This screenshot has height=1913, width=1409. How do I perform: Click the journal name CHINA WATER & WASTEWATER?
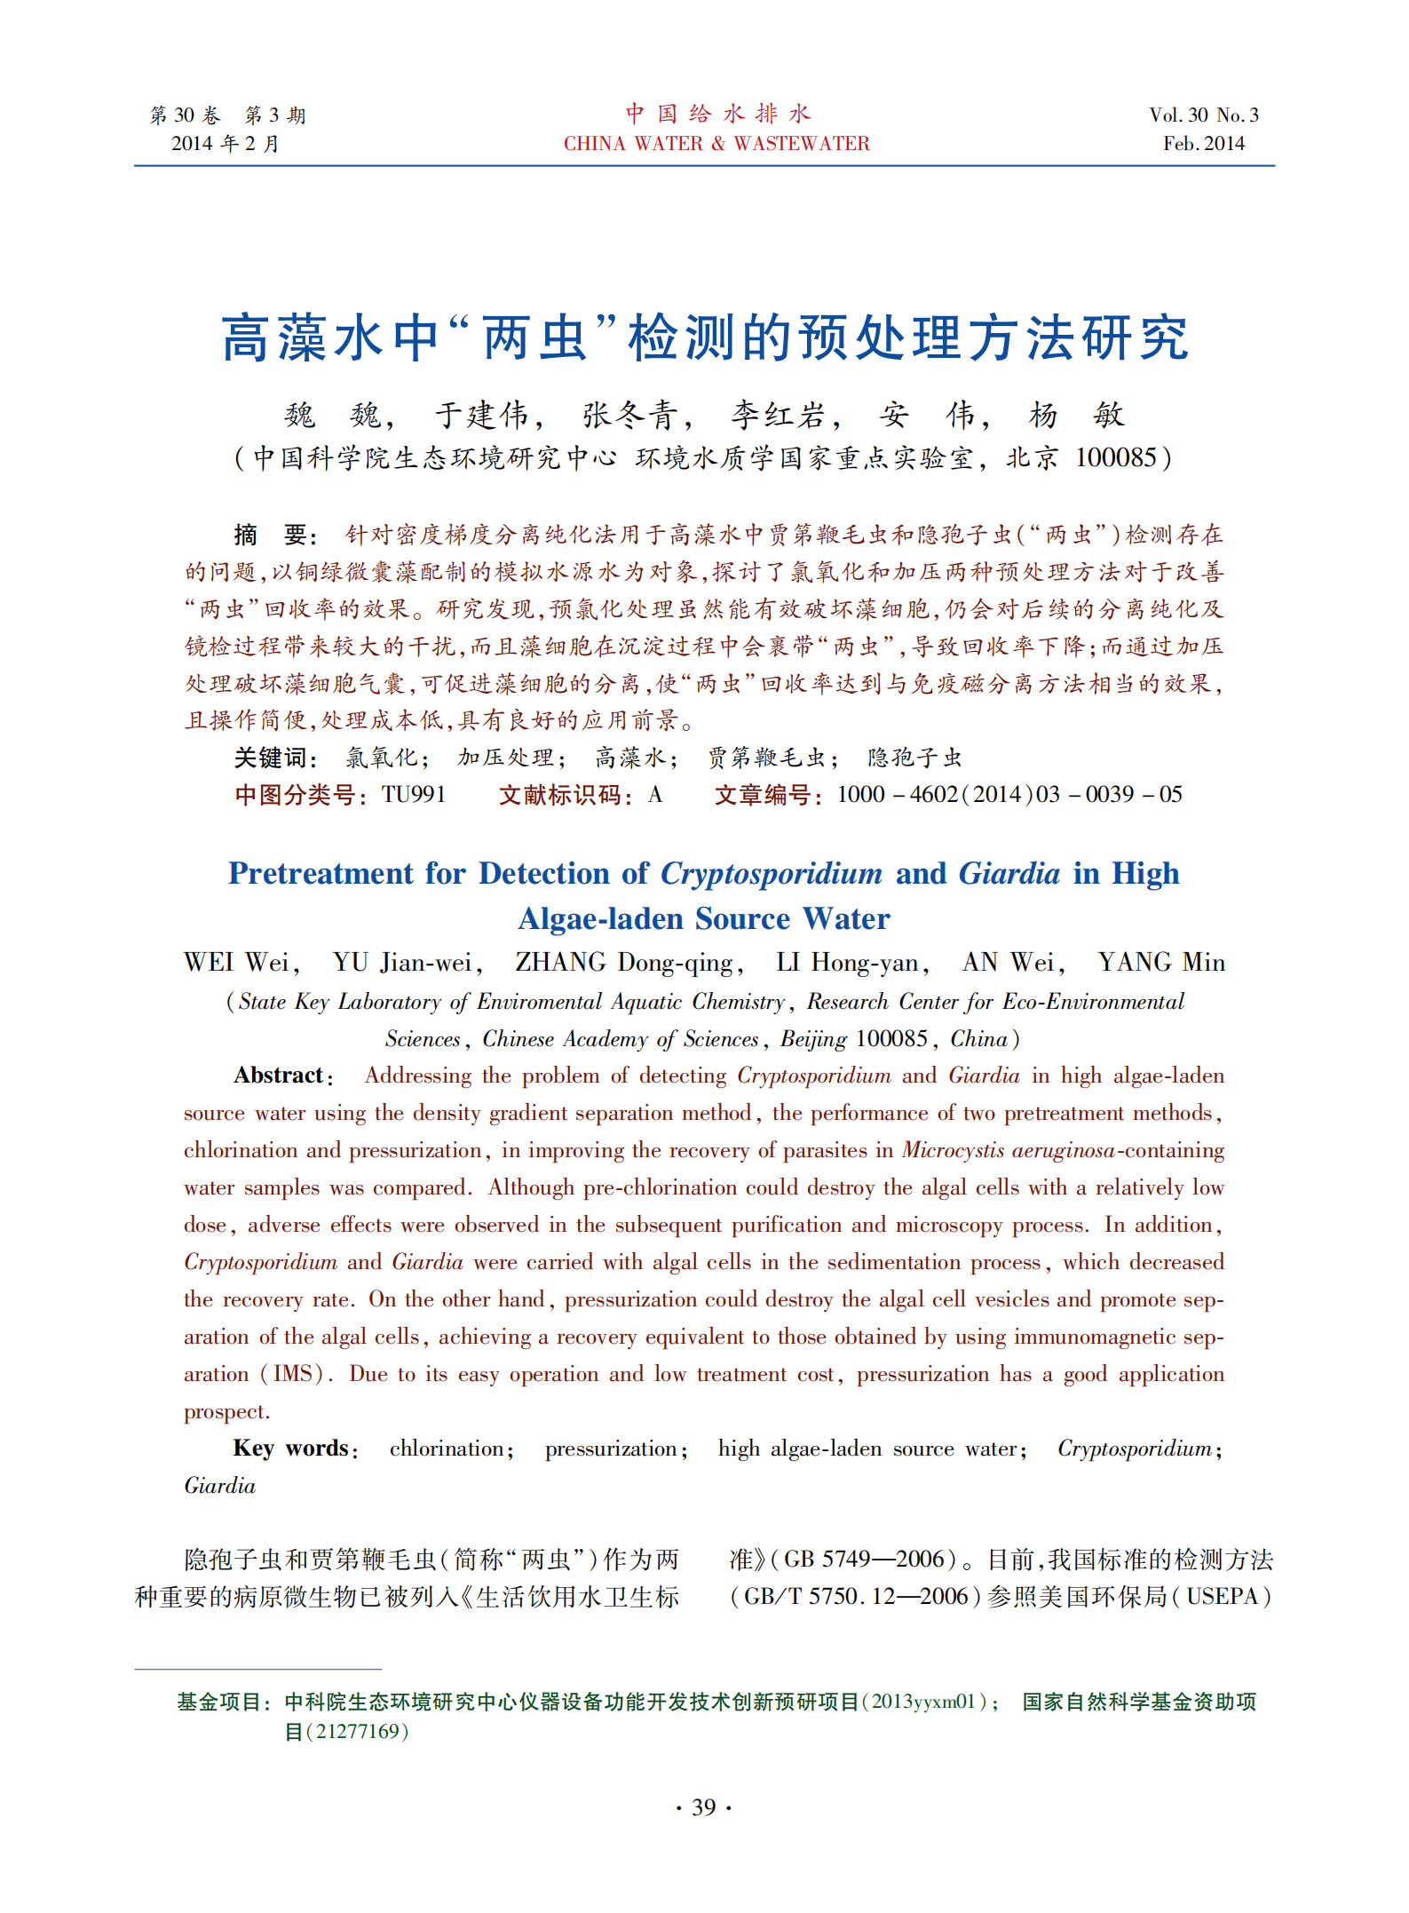pyautogui.click(x=716, y=144)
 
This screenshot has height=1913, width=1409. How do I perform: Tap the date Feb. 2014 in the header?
pyautogui.click(x=1204, y=144)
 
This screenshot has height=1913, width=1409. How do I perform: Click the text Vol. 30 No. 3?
pyautogui.click(x=1204, y=115)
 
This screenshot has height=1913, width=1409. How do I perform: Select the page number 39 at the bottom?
pyautogui.click(x=703, y=1807)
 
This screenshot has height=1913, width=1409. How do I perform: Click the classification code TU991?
pyautogui.click(x=414, y=794)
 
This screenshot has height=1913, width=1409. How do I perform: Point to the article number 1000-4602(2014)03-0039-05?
pyautogui.click(x=1009, y=794)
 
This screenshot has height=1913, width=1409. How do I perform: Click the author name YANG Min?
pyautogui.click(x=1161, y=963)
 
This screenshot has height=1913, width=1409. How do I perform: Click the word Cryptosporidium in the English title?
pyautogui.click(x=772, y=874)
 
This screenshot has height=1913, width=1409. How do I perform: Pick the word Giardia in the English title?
pyautogui.click(x=1009, y=874)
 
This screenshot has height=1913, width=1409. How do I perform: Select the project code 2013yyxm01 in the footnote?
pyautogui.click(x=923, y=1702)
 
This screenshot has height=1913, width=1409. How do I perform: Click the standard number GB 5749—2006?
pyautogui.click(x=870, y=1560)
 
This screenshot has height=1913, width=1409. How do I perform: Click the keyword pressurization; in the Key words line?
pyautogui.click(x=615, y=1449)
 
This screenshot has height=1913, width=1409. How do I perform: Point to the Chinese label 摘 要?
pyautogui.click(x=271, y=535)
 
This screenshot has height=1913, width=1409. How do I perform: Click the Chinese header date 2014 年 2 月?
pyautogui.click(x=226, y=144)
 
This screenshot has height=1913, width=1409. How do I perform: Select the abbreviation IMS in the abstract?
pyautogui.click(x=292, y=1374)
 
